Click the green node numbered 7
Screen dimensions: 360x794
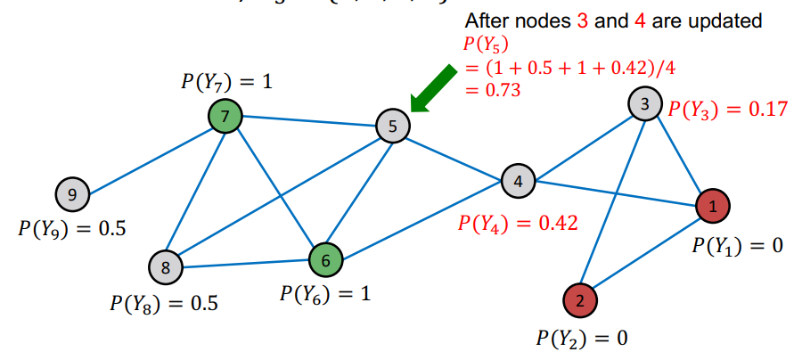[225, 115]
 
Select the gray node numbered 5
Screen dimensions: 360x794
[392, 126]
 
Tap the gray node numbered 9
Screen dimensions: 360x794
[72, 192]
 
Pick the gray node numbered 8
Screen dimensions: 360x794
[166, 265]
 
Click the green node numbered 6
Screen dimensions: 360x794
[325, 260]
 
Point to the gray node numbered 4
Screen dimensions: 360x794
[518, 181]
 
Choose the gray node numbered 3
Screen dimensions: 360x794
[644, 103]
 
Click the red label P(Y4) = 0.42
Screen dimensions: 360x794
[518, 222]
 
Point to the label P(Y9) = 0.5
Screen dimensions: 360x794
[72, 227]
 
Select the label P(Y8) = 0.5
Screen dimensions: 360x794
[165, 303]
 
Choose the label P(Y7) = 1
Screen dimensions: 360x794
[226, 82]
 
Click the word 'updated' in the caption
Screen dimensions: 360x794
[726, 20]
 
